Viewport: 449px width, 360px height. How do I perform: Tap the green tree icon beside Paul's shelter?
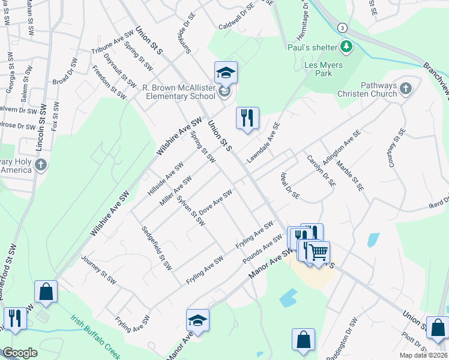(346, 46)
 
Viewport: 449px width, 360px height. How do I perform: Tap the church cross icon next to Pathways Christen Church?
(406, 89)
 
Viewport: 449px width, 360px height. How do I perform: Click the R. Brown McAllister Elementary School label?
(178, 92)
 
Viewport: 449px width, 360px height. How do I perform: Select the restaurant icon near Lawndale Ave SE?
(247, 118)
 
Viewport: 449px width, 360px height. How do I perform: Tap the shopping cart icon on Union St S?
(318, 251)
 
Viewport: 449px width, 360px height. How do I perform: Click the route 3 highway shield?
(342, 28)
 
